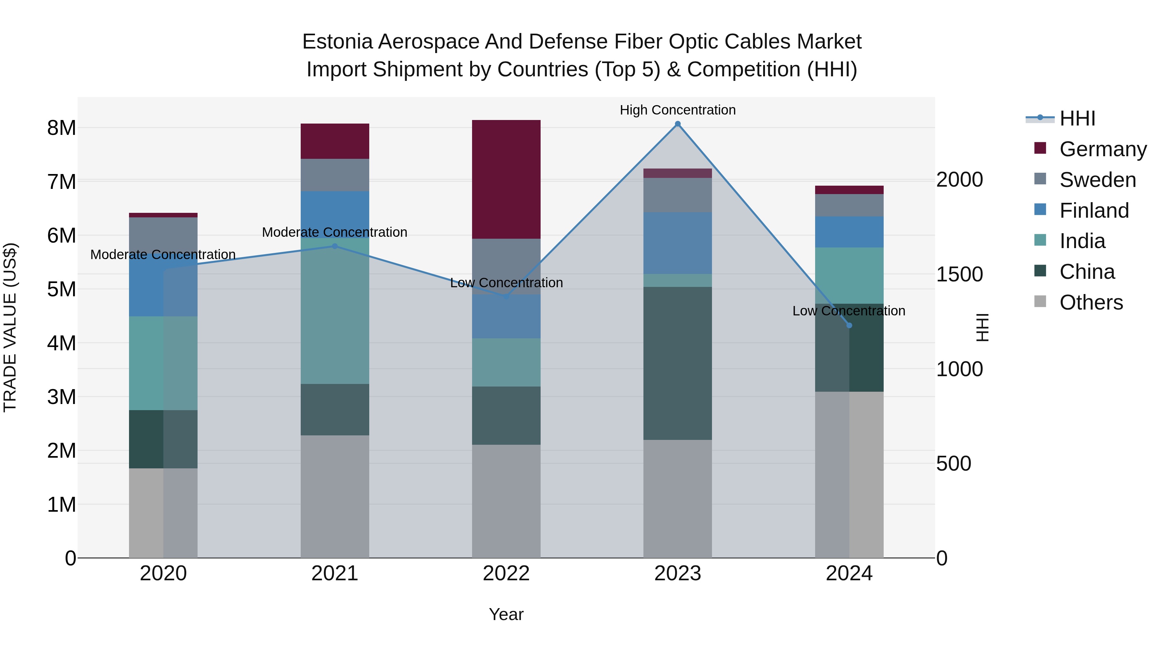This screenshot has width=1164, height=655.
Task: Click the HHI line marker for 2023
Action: (677, 124)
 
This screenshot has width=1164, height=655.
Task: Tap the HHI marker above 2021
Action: (335, 246)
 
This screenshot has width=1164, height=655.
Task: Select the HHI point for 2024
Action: (849, 325)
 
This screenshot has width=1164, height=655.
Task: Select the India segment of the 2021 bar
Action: (335, 312)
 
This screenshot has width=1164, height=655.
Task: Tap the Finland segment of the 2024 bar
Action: (849, 232)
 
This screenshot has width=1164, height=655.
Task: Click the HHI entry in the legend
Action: (1077, 118)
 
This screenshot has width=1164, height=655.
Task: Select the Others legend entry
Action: (1091, 302)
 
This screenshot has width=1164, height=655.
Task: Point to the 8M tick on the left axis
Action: (61, 128)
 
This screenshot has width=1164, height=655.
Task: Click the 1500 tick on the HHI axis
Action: (959, 274)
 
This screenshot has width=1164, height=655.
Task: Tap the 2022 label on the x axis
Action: (506, 573)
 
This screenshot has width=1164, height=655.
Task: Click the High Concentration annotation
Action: (677, 110)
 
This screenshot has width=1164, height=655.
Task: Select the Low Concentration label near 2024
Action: (849, 311)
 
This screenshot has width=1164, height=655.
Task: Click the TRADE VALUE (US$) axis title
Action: (10, 327)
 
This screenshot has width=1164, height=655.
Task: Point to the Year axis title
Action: (506, 614)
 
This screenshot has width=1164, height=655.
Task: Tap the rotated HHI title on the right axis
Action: (982, 327)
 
